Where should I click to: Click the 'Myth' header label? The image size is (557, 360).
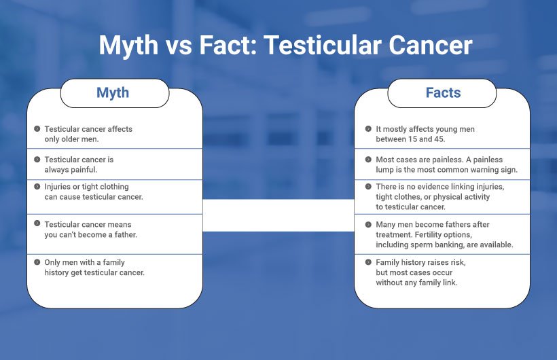coord(113,92)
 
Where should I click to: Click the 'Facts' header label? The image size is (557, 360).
coord(443,92)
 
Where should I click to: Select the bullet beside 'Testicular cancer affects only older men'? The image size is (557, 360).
coord(37,128)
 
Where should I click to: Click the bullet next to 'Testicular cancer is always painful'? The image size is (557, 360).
coord(37,159)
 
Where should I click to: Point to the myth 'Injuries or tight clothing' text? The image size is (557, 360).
coord(86,187)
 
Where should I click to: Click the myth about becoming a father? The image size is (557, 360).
coord(88,229)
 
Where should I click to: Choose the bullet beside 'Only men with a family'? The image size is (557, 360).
coord(37,262)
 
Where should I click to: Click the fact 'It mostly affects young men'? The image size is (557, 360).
coord(425,128)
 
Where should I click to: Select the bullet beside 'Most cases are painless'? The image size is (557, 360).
coord(368,159)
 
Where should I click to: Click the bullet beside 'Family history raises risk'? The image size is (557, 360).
coord(368,262)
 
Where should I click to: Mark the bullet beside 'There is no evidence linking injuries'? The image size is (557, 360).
coord(368,186)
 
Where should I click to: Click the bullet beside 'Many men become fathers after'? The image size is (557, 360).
coord(368,224)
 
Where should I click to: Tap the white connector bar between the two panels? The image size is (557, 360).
coord(278,215)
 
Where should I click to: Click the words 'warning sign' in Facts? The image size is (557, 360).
coord(495,169)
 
